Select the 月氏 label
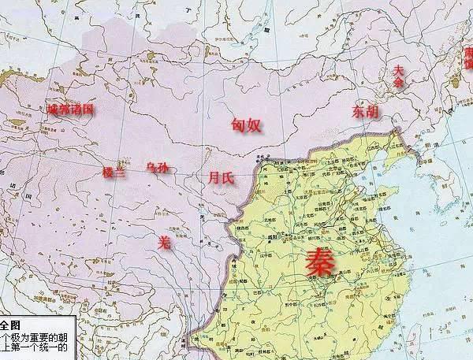click(221, 179)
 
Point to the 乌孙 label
click(158, 168)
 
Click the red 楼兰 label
click(114, 173)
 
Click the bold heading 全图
click(10, 325)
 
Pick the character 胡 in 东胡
click(374, 113)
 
